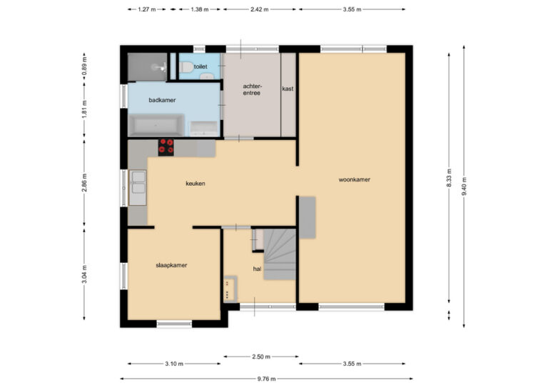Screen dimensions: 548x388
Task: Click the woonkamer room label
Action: click(354, 179)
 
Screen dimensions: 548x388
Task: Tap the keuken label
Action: click(196, 184)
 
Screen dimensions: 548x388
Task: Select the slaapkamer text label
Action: click(171, 265)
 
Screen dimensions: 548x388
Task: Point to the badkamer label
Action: click(162, 100)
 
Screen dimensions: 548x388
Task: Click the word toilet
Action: click(201, 66)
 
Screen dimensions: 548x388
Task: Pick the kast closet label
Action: click(288, 89)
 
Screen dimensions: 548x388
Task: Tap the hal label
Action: click(257, 269)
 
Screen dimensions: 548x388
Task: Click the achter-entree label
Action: click(252, 89)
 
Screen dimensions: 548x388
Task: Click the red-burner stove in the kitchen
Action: click(166, 146)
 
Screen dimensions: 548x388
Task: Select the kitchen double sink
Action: click(138, 187)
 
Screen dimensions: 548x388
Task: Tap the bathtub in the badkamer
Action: click(156, 125)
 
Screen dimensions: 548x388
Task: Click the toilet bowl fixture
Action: click(186, 67)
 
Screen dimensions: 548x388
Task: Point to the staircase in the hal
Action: click(280, 254)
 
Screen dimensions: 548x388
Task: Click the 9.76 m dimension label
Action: click(266, 379)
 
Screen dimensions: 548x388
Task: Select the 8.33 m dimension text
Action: click(449, 178)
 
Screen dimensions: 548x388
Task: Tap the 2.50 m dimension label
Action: click(261, 357)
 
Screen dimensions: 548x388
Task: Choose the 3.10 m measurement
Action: click(174, 364)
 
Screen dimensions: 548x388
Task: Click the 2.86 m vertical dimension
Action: click(84, 183)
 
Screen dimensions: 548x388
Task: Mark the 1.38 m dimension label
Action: click(200, 9)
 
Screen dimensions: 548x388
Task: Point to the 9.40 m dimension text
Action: click(464, 186)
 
